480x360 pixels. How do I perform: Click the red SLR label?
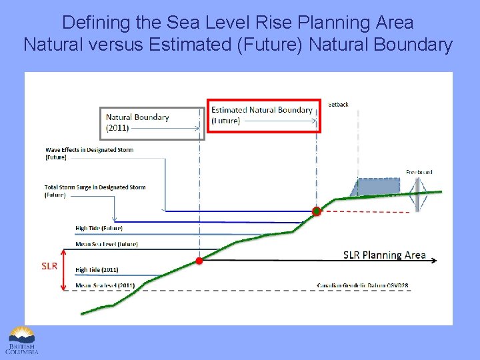click(x=49, y=266)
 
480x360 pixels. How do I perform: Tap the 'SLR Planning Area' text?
click(x=384, y=255)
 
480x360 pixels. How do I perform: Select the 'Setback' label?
click(x=339, y=105)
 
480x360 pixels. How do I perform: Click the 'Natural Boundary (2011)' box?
click(x=149, y=122)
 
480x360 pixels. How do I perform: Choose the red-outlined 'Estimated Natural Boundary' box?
click(x=262, y=115)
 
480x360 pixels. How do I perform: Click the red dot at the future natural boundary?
click(x=317, y=211)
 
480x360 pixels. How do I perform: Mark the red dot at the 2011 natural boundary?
click(x=199, y=261)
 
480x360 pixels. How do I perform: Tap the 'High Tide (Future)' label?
click(x=99, y=228)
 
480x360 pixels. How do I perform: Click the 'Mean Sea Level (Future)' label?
click(x=107, y=244)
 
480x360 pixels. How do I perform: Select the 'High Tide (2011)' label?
click(x=97, y=270)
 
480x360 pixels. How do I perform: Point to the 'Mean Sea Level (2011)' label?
click(x=105, y=285)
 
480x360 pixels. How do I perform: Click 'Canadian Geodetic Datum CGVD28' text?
click(x=363, y=285)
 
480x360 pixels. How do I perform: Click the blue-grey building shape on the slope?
click(x=379, y=187)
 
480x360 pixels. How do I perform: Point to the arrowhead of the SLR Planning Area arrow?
click(x=434, y=261)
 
